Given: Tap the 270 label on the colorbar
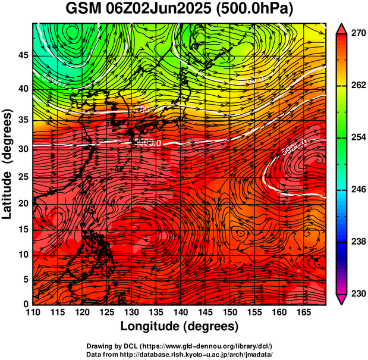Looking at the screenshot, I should coord(357,34).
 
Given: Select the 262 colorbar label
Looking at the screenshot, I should coord(357,86).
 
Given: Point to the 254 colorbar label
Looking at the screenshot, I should coord(357,137).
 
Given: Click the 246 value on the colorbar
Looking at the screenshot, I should coord(357,190).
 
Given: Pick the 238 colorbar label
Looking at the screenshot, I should coord(357,242).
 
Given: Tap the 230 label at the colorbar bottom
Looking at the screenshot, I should coord(357,293).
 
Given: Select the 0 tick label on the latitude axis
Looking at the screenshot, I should coord(25,304).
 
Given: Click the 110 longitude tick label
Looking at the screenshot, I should coord(33,312).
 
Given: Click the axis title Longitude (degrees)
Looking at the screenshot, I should coord(179,326).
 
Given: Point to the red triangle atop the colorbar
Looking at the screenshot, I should coord(342,28).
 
